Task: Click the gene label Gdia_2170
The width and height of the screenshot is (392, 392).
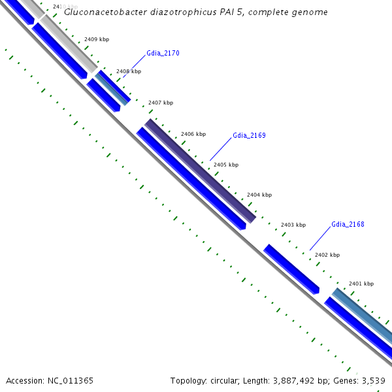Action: (163, 53)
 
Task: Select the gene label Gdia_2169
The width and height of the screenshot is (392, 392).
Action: (249, 135)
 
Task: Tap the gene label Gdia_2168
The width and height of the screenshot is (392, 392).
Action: (348, 224)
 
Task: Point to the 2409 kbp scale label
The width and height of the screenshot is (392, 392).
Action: (97, 39)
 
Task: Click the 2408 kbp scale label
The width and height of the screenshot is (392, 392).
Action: (129, 71)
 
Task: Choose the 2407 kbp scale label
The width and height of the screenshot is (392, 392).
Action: (161, 103)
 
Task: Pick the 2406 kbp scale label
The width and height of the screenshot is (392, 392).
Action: (193, 134)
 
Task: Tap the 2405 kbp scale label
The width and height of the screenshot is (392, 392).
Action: (226, 165)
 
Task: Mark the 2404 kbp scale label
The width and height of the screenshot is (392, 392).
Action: (259, 195)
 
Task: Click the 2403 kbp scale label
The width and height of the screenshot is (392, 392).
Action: (293, 225)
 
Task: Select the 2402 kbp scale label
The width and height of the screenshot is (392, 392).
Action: (327, 255)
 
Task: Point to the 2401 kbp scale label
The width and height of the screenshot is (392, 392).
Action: (361, 284)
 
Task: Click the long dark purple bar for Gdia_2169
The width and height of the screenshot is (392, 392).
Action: (199, 171)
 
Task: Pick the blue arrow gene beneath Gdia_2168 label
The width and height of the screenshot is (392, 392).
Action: (291, 269)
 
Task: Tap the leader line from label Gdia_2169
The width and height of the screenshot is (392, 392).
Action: (221, 149)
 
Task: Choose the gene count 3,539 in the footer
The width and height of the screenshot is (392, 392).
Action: (373, 380)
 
